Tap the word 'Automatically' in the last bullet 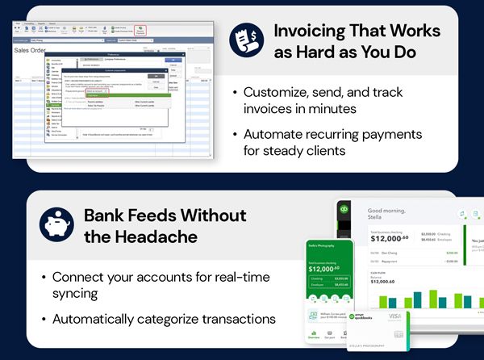[x=100, y=319]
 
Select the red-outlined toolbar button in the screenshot [x=140, y=29]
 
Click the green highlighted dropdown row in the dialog [x=121, y=95]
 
